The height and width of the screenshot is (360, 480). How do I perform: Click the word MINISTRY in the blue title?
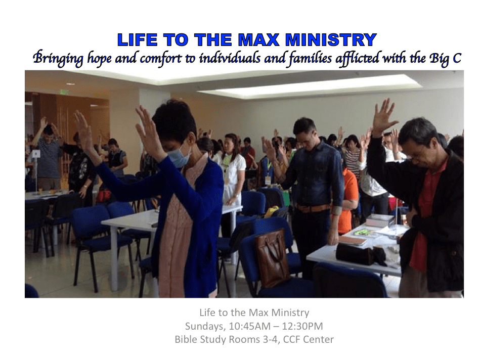point(331,40)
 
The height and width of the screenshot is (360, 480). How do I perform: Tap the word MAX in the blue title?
point(258,40)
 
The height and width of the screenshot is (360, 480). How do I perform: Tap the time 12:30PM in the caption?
point(302,326)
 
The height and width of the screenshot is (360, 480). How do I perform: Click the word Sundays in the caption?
point(205,326)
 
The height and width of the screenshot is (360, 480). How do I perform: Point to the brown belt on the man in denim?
point(312,208)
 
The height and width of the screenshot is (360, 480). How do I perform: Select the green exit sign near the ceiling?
point(64,92)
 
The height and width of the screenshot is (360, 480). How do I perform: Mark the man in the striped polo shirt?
point(49,156)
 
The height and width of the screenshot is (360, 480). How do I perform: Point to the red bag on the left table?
point(104,196)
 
